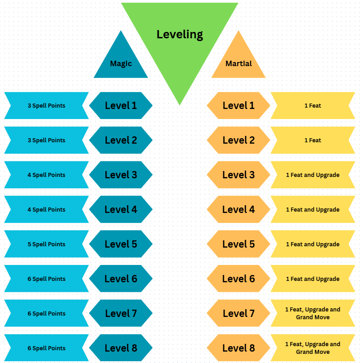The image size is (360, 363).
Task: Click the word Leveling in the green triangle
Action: [x=180, y=34]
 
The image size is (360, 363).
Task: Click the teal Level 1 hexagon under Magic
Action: [x=121, y=105]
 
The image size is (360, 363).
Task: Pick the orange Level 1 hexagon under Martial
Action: [x=239, y=105]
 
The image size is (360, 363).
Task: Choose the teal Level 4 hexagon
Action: [x=121, y=209]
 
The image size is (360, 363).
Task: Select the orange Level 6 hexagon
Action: [x=239, y=279]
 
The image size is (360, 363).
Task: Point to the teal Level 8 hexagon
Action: [x=121, y=348]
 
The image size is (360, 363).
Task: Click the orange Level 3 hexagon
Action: [x=239, y=175]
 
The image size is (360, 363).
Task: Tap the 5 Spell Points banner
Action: [x=46, y=244]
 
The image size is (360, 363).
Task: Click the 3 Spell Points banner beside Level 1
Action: [x=46, y=105]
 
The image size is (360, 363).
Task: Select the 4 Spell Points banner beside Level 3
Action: [x=46, y=175]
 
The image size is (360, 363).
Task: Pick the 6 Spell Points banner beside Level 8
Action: [x=46, y=348]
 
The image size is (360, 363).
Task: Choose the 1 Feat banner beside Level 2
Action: [x=313, y=140]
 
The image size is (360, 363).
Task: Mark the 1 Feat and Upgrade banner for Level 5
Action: [x=313, y=244]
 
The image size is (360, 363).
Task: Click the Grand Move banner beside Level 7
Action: [x=313, y=313]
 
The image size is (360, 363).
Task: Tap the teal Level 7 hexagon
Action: [x=121, y=313]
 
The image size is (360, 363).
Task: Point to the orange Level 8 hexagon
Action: [x=239, y=348]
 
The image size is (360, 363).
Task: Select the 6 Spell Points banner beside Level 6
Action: [x=46, y=279]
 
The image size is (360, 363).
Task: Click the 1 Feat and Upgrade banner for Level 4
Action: [x=313, y=209]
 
